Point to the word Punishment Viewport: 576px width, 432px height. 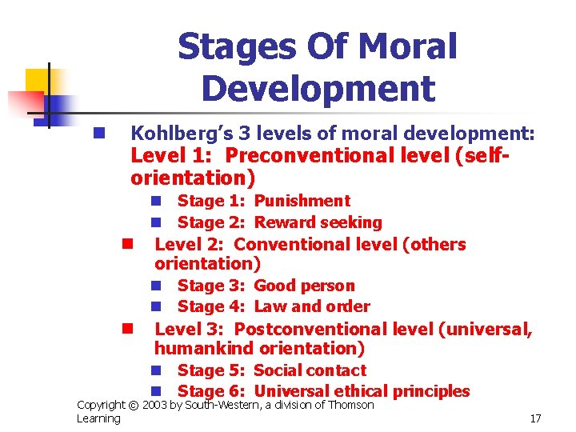pyautogui.click(x=302, y=201)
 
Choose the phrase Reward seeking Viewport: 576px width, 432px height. pyautogui.click(x=318, y=222)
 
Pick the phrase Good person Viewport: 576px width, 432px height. pyautogui.click(x=304, y=286)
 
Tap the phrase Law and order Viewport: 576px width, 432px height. pyautogui.click(x=312, y=306)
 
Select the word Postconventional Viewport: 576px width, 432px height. pyautogui.click(x=311, y=329)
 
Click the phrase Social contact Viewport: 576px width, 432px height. pyautogui.click(x=310, y=370)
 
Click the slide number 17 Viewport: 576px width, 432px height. pyautogui.click(x=535, y=418)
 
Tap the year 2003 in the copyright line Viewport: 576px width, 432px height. pyautogui.click(x=155, y=406)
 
